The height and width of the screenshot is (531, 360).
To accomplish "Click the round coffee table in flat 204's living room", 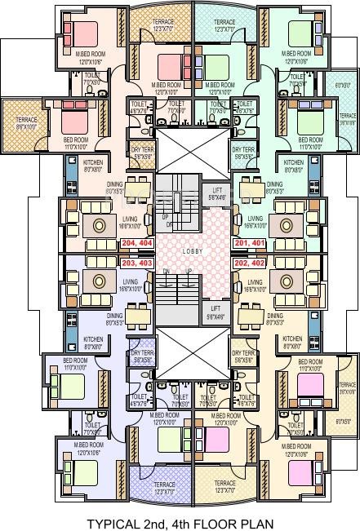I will [x=100, y=223].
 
